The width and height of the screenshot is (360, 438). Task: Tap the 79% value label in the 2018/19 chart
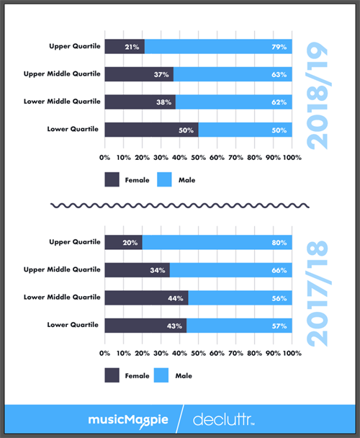click(x=279, y=47)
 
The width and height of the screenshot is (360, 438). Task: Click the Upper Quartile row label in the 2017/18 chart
click(x=74, y=242)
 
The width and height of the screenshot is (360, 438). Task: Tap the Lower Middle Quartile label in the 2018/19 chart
click(x=66, y=102)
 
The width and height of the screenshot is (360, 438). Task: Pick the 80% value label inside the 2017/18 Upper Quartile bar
click(x=279, y=243)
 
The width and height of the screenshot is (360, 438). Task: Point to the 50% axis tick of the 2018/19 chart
click(x=198, y=156)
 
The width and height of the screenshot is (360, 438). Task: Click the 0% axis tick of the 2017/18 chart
click(x=105, y=352)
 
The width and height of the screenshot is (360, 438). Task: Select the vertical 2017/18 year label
click(x=317, y=292)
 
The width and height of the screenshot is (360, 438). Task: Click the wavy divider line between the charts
click(x=180, y=205)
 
